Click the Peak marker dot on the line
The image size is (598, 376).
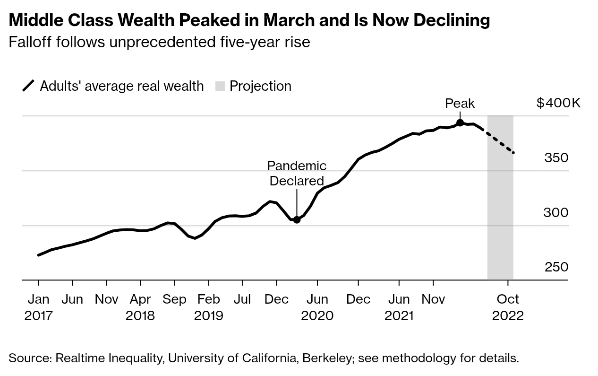(x=460, y=123)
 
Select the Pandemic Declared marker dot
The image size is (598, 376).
(x=297, y=219)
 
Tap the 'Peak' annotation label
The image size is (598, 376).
(x=460, y=104)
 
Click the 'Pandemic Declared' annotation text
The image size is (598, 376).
(x=296, y=173)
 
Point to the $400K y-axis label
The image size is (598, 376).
(x=558, y=103)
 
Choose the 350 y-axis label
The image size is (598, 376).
(x=556, y=158)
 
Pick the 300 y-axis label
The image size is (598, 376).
(x=556, y=213)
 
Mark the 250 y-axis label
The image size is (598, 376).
(x=556, y=267)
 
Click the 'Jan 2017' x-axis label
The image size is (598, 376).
(x=38, y=307)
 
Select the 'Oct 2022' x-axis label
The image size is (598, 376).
(x=508, y=307)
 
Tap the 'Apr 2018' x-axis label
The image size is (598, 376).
(x=140, y=307)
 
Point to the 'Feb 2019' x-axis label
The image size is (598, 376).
(x=208, y=307)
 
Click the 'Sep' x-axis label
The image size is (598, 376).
(x=174, y=299)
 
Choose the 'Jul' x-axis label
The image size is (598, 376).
(x=242, y=299)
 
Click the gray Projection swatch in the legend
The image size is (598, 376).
(x=220, y=86)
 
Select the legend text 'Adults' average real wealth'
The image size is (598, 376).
(x=122, y=86)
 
